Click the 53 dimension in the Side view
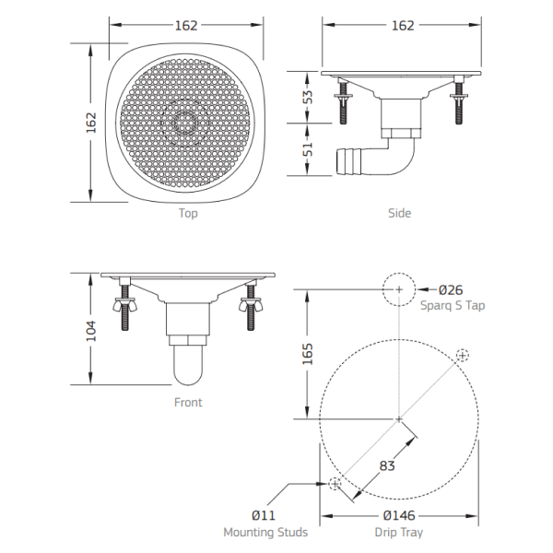(x=308, y=97)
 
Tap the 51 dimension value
(x=308, y=149)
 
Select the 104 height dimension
(x=91, y=331)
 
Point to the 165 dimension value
(x=308, y=354)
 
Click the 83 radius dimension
(x=387, y=465)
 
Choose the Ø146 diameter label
(x=399, y=515)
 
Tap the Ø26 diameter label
(x=451, y=290)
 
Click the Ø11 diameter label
(x=264, y=515)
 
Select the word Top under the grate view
(x=188, y=214)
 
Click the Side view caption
(x=400, y=213)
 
